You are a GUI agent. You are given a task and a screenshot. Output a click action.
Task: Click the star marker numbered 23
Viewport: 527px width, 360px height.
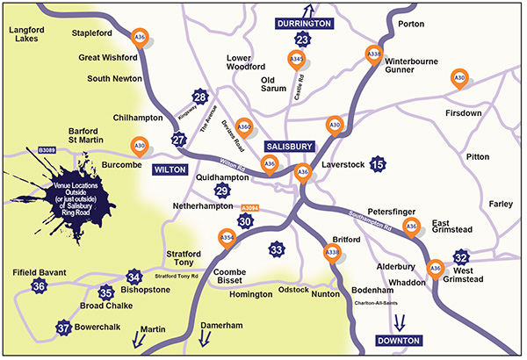303,40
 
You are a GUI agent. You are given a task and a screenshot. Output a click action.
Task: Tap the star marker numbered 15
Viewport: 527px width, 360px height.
378,164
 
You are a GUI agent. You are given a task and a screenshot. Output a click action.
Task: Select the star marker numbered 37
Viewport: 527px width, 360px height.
63,328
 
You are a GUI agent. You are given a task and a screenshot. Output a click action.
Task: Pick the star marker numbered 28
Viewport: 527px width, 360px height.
201,97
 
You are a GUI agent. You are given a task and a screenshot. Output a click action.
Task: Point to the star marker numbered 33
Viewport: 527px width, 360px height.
277,250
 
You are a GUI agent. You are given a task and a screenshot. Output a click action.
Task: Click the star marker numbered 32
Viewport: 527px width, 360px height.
461,257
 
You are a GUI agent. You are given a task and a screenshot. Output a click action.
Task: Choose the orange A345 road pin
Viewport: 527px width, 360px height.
297,61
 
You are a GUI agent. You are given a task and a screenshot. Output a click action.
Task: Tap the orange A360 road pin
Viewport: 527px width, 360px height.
245,127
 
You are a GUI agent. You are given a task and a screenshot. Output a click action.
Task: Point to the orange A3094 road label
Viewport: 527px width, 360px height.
250,208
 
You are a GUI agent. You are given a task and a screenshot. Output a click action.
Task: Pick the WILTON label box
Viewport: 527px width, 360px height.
171,168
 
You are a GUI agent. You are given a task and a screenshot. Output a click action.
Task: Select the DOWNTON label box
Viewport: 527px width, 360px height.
399,340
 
